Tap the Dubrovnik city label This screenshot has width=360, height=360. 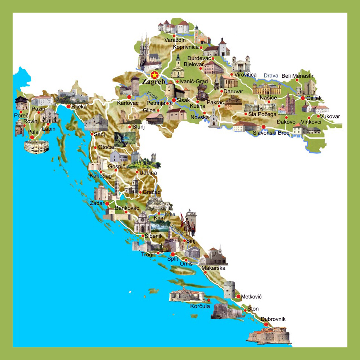[273, 319]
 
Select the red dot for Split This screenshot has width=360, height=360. [173, 254]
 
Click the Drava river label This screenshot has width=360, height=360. [271, 76]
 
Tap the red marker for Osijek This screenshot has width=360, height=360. [303, 98]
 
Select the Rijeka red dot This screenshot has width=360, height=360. [68, 106]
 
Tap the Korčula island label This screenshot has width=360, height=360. [200, 307]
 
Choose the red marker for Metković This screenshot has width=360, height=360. [238, 296]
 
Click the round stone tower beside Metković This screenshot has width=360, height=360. [229, 289]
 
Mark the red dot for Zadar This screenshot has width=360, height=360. [107, 203]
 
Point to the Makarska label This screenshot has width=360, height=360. [213, 268]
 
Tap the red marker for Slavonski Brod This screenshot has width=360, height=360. [264, 127]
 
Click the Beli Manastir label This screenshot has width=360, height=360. [297, 76]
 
